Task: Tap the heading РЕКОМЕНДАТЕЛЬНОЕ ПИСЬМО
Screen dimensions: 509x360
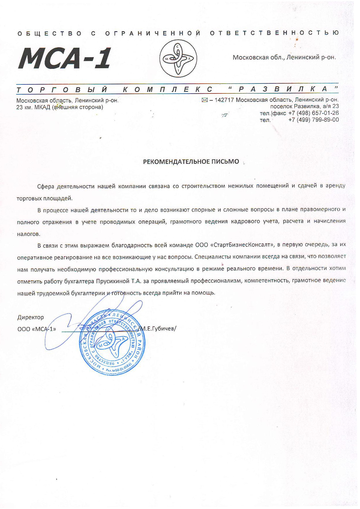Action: coord(191,162)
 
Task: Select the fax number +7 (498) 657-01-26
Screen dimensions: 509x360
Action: coord(313,113)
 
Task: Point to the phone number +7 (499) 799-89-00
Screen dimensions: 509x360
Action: coord(313,120)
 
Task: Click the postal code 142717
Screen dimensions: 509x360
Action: coord(224,100)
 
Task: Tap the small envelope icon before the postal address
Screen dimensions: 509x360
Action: coord(205,100)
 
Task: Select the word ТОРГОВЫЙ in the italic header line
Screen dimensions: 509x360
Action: coord(62,89)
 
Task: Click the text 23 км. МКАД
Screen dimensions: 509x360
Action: coord(33,107)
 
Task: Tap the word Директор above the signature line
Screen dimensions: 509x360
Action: coord(30,317)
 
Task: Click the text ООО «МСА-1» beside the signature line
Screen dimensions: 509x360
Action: coord(37,329)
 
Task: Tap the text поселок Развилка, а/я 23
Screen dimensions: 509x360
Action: coord(304,106)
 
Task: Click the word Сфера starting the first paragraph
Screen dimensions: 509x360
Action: coord(46,186)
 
